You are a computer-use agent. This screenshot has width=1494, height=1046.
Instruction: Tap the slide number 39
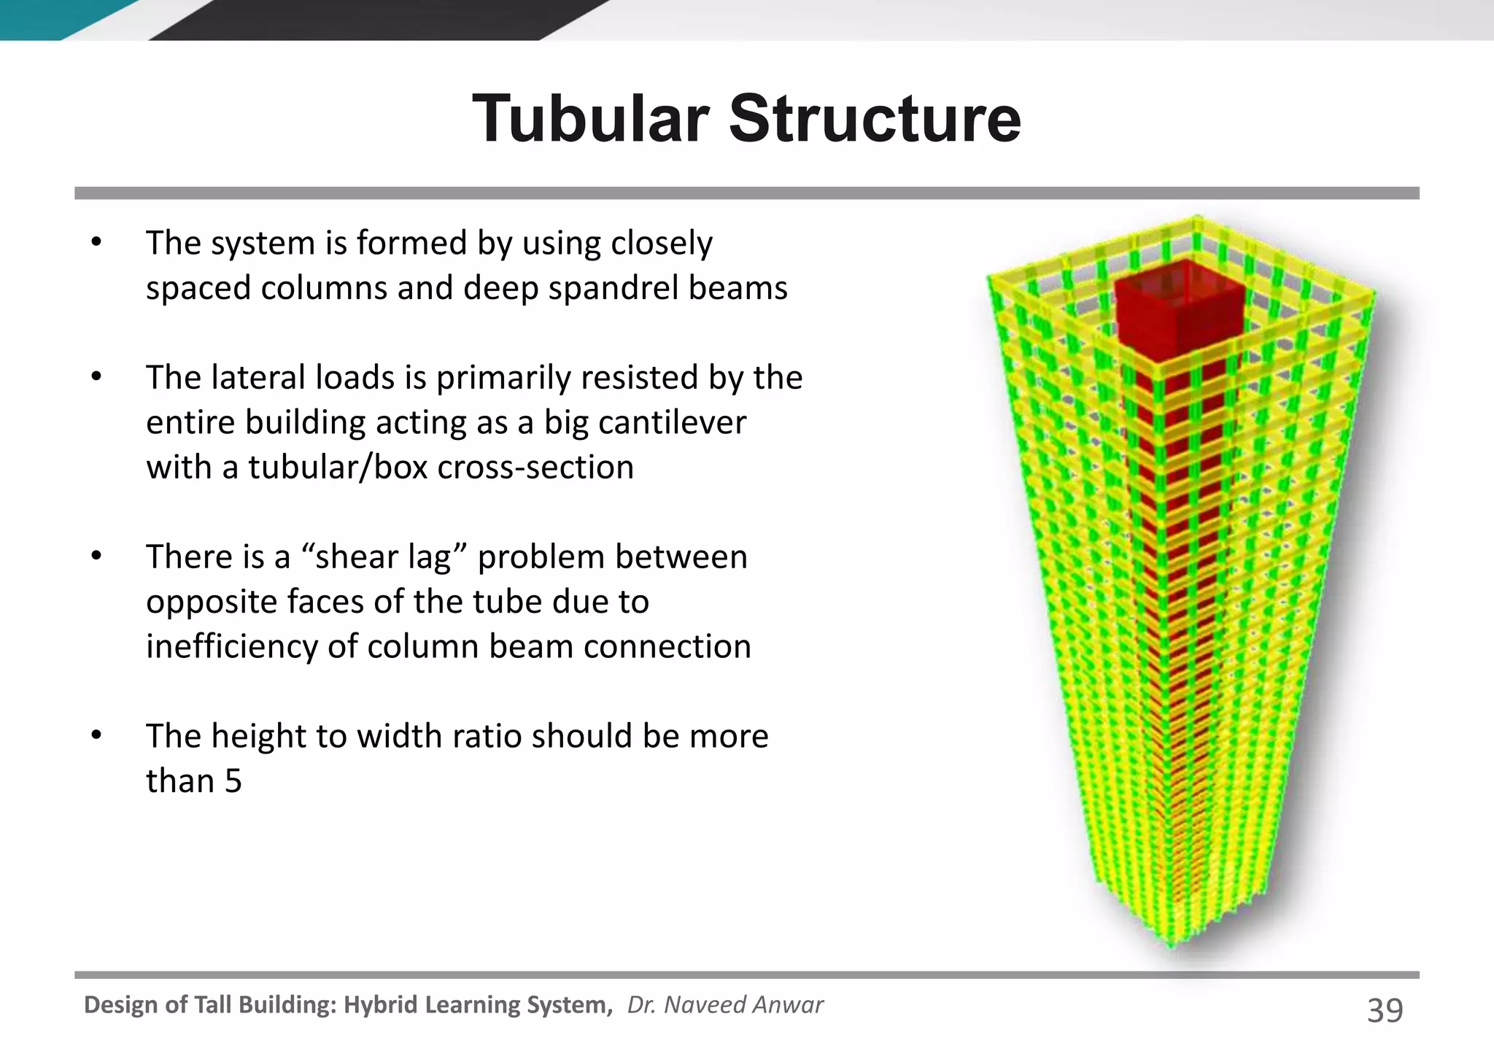[x=1384, y=1010]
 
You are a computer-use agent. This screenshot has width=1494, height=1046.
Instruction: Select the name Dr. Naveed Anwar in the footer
[x=725, y=1005]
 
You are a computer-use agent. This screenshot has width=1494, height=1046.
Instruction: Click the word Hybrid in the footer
[x=380, y=1005]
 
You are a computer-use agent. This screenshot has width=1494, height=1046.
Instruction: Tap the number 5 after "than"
[x=233, y=781]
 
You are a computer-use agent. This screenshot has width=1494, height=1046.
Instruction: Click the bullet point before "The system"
[x=96, y=243]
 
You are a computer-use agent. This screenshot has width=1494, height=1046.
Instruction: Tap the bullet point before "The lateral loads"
[x=96, y=378]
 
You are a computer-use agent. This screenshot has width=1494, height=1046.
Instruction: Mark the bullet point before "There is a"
[x=96, y=557]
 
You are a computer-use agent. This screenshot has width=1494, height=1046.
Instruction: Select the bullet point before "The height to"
[x=96, y=736]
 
